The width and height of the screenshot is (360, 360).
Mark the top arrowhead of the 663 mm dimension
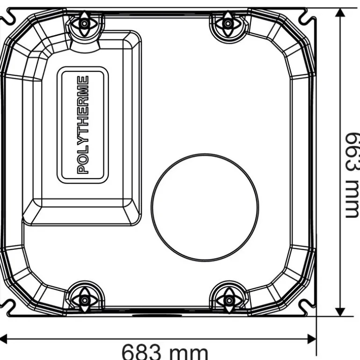(x=341, y=13)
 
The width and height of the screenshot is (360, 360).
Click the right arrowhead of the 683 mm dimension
(x=312, y=338)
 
